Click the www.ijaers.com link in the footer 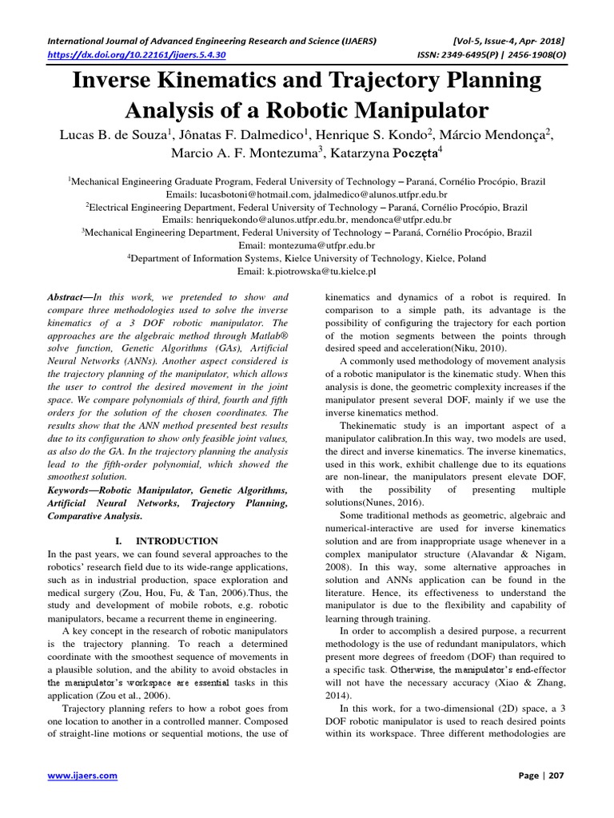pyautogui.click(x=82, y=775)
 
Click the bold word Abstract pyautogui.click(x=69, y=296)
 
